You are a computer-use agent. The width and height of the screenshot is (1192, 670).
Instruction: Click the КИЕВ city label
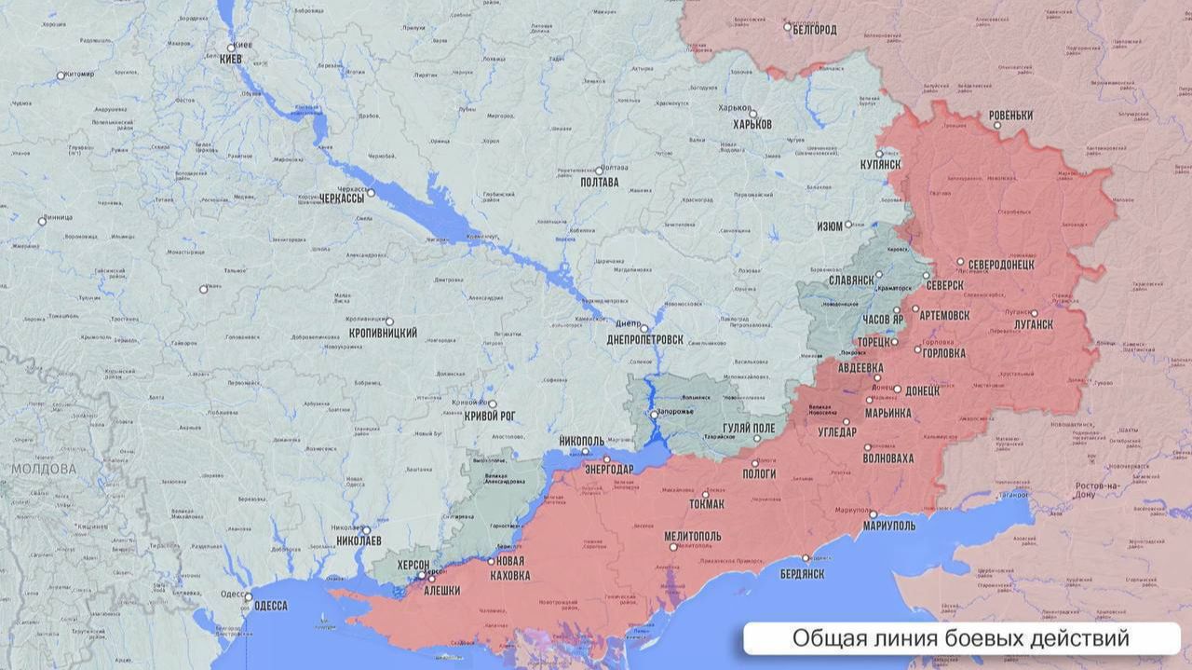(230, 59)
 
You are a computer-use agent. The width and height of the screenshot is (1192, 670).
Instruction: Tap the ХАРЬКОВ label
(752, 124)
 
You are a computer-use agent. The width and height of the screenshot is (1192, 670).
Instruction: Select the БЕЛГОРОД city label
(816, 30)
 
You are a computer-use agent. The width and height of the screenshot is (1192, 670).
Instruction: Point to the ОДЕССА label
(270, 606)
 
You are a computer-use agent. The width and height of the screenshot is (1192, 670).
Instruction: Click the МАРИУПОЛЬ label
(888, 526)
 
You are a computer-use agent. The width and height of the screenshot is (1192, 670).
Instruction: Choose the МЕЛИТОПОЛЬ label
(692, 537)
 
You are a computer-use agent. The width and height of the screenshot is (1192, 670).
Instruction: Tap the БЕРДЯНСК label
(801, 574)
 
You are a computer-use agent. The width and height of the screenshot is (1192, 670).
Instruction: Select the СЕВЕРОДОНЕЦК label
(1001, 265)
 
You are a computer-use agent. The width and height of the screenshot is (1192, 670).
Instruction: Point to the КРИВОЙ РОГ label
(490, 417)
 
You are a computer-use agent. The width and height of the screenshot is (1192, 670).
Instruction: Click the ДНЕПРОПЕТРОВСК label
(644, 340)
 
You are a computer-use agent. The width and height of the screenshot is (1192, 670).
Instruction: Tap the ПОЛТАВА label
(599, 183)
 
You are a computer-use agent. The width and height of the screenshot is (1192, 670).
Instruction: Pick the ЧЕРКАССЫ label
(342, 198)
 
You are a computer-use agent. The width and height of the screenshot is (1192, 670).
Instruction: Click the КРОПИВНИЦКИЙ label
(382, 333)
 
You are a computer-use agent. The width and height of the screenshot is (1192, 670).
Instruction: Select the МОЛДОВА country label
(44, 469)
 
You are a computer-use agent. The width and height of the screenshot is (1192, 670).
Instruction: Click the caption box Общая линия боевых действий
(961, 638)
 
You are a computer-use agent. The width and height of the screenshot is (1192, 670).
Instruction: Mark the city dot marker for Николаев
(366, 529)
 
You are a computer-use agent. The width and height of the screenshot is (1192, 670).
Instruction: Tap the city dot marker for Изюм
(847, 225)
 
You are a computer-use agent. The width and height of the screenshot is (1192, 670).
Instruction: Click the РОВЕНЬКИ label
(1010, 116)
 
